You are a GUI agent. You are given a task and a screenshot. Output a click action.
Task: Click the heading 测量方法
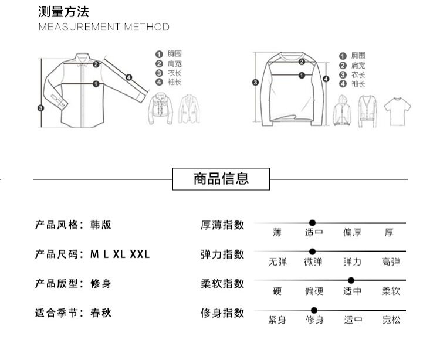pos(64,12)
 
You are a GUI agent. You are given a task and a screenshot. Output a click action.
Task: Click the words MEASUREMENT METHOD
pos(104,27)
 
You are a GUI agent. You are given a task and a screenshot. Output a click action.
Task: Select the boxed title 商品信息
pos(221,178)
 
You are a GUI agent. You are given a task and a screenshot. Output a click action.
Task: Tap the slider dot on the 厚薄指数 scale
pos(312,223)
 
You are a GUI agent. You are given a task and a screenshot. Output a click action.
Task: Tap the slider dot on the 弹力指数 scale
pos(312,252)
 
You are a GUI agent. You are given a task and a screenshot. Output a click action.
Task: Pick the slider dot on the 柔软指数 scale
pos(351,280)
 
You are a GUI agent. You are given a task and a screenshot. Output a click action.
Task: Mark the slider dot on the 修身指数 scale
pos(314,310)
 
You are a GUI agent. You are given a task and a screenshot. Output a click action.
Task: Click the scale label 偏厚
pos(352,233)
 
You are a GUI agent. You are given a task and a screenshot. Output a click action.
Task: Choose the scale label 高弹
pos(390,262)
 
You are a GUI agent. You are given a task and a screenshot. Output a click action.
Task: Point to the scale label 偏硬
pos(314,291)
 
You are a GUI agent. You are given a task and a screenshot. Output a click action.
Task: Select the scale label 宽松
pos(390,320)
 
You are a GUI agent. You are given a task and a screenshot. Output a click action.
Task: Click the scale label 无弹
pos(277,262)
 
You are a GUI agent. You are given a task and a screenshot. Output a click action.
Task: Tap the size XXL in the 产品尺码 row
pos(140,254)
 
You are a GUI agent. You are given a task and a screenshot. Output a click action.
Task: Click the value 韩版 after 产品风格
pos(100,225)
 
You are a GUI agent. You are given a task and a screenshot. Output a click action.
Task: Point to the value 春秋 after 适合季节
pos(100,313)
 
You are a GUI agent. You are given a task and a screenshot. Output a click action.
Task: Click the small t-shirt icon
pos(397,111)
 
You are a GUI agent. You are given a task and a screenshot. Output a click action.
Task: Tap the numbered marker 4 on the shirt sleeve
pos(128,76)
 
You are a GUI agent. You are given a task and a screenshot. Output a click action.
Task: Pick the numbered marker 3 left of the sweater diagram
pos(255,83)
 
